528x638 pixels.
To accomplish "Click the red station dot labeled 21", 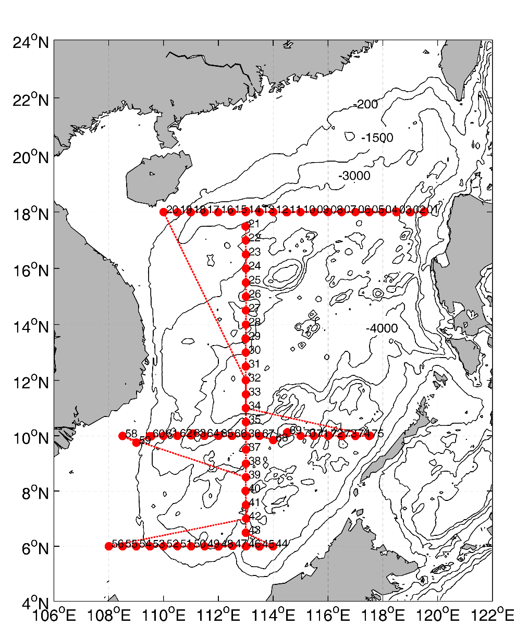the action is (245, 226).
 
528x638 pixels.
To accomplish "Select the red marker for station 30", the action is (245, 352).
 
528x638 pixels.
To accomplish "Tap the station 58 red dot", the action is (122, 436).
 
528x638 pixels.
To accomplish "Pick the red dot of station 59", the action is (136, 443).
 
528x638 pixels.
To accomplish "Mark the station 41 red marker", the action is (245, 505).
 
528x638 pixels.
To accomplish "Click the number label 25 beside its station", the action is (255, 280).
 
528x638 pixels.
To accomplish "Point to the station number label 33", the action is (255, 391).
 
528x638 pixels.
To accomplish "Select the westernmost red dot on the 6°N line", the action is (108, 546).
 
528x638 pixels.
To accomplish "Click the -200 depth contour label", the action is (365, 105).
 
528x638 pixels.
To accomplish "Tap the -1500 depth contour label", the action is (377, 138).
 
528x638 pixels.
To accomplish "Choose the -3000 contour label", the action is (354, 176).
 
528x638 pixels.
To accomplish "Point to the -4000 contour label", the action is (382, 329).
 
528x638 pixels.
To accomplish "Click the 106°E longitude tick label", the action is (54, 616).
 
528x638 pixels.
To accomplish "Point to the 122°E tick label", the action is (492, 616).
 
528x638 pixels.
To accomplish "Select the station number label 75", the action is (378, 434).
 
